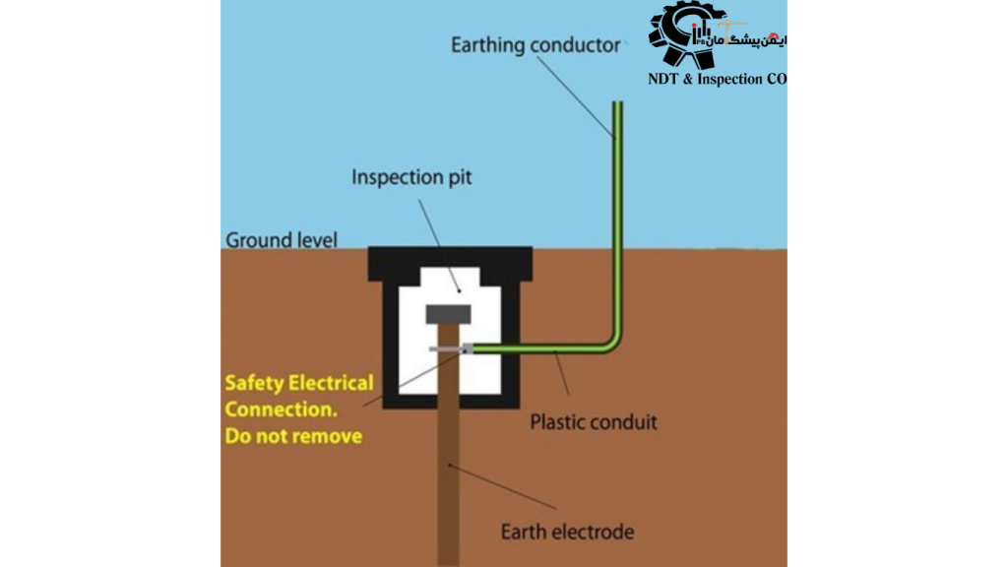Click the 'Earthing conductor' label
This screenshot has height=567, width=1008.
tap(535, 45)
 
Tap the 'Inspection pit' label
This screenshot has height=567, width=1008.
tap(410, 178)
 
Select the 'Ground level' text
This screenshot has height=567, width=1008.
tap(282, 239)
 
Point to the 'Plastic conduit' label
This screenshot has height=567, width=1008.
tap(594, 422)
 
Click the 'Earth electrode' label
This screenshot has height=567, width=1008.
tap(567, 533)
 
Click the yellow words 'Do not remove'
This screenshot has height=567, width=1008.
tap(293, 435)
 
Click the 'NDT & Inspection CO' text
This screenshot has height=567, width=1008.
tap(718, 80)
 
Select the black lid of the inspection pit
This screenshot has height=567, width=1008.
tap(451, 258)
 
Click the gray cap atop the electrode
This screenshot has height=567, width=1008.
tap(449, 314)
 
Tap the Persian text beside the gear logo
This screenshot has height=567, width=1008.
tap(758, 39)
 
